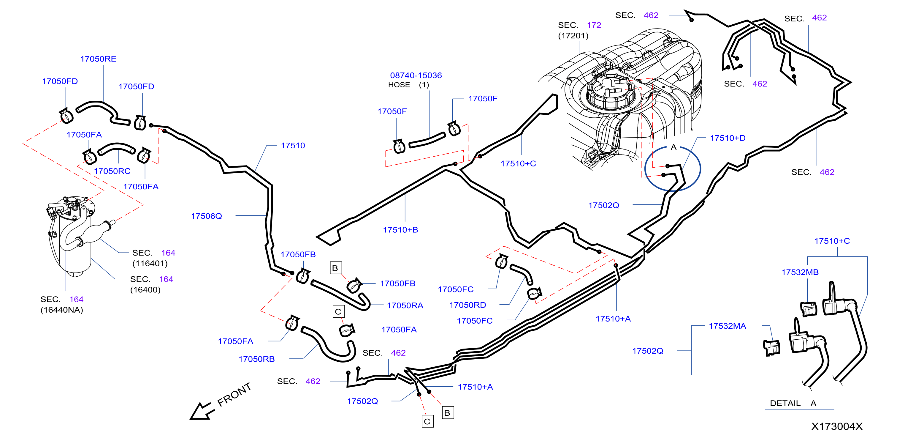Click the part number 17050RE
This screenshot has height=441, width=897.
click(98, 59)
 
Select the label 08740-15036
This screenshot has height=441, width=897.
click(416, 75)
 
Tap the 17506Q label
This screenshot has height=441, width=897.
click(207, 216)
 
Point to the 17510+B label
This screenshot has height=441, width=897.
click(400, 230)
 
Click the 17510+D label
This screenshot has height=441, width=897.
click(728, 138)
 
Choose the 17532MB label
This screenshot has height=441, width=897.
click(800, 272)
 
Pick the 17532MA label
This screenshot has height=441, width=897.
click(728, 326)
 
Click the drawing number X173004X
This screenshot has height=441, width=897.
click(837, 426)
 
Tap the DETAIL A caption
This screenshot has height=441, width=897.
click(793, 403)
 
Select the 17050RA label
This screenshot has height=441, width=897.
click(405, 305)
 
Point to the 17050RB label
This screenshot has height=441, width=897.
click(257, 359)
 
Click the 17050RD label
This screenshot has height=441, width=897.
click(468, 305)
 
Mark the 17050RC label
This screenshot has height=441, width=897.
click(112, 171)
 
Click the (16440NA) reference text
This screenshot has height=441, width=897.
click(62, 310)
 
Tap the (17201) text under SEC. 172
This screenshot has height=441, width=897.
click(573, 36)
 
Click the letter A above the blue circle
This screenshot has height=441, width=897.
click(673, 147)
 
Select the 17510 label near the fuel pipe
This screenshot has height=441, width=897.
click(293, 146)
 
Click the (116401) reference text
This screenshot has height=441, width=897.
click(150, 263)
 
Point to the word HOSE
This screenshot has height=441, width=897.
click(399, 85)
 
